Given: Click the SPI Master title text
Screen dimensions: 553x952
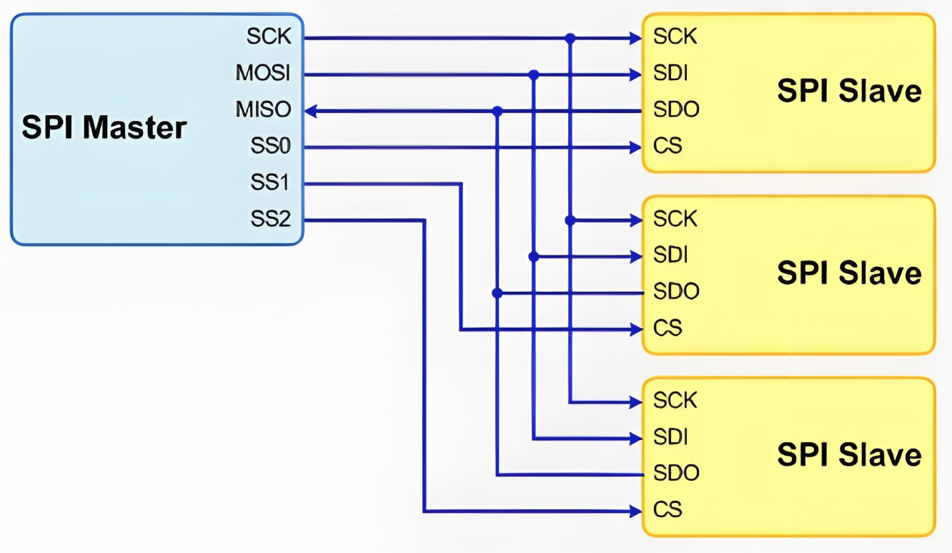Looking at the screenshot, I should click(104, 128).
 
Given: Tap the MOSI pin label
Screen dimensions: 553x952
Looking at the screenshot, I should click(263, 74).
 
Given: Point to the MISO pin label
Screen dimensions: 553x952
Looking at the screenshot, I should click(263, 110).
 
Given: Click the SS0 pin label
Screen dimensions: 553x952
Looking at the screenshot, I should click(270, 147).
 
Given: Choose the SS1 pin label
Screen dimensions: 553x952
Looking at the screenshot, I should click(270, 183).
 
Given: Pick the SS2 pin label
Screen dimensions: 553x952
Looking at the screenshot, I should click(270, 220).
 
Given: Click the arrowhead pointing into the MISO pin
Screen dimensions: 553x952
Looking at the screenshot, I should click(312, 111).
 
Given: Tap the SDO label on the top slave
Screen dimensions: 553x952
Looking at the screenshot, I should click(675, 110).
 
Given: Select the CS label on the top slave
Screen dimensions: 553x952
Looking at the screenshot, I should click(667, 147).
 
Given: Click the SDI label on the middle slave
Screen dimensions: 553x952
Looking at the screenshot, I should click(670, 255).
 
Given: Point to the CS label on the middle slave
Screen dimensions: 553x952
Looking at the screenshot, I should click(667, 328).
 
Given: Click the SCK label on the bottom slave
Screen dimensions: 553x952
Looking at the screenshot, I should click(675, 401).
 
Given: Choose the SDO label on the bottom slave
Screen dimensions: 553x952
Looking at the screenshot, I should click(675, 474).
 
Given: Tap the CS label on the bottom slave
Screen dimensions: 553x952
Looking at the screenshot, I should click(667, 510).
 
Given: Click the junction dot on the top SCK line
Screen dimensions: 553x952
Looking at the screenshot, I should click(570, 38).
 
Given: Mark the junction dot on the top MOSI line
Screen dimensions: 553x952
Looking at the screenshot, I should click(533, 74).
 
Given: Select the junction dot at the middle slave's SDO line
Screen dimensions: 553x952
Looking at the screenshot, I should click(497, 293).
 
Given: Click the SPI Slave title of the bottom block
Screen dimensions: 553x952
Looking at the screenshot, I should click(849, 455).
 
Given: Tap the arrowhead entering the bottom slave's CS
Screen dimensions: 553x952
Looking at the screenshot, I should click(634, 511).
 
